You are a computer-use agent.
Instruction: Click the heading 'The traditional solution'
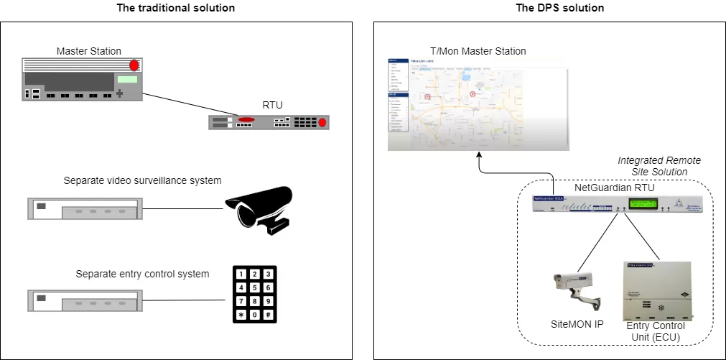coord(175,8)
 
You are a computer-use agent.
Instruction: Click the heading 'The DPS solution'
coord(550,8)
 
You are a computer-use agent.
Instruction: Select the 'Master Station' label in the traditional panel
coord(89,51)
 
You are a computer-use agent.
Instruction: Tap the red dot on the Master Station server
coord(134,65)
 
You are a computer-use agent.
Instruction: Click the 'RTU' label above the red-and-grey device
coord(273,105)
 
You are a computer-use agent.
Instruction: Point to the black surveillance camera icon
coord(261,208)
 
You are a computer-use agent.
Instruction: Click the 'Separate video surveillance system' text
coord(142,180)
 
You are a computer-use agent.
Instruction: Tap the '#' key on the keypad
coord(267,315)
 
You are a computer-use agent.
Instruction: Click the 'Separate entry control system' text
coord(142,274)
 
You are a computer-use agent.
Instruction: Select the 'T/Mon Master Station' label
coord(478,51)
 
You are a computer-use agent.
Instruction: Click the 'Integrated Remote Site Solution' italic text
coord(658,166)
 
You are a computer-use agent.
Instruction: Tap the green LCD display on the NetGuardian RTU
coord(643,203)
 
